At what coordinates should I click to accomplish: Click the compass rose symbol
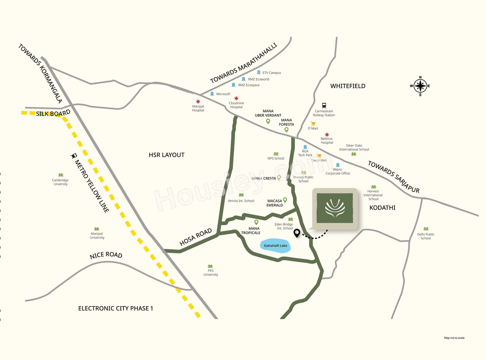pyautogui.click(x=420, y=86)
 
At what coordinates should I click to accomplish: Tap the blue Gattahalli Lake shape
pyautogui.click(x=275, y=246)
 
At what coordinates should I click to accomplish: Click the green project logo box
pyautogui.click(x=335, y=209)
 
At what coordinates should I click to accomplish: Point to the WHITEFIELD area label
pyautogui.click(x=347, y=86)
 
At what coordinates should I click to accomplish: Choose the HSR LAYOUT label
pyautogui.click(x=167, y=155)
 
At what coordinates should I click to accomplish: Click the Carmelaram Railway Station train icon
pyautogui.click(x=324, y=106)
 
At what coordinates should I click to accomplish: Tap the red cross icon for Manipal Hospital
pyautogui.click(x=198, y=101)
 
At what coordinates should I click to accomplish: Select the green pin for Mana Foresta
pyautogui.click(x=287, y=130)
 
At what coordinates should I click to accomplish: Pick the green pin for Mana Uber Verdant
pyautogui.click(x=268, y=121)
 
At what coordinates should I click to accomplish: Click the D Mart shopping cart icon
pyautogui.click(x=313, y=123)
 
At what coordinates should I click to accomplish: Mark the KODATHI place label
pyautogui.click(x=382, y=208)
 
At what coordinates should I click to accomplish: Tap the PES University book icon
pyautogui.click(x=210, y=266)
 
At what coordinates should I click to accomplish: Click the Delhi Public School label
pyautogui.click(x=426, y=236)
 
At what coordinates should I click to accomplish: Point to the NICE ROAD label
pyautogui.click(x=106, y=255)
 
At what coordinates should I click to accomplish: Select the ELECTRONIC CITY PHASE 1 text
pyautogui.click(x=115, y=308)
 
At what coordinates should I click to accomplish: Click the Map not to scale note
pyautogui.click(x=454, y=338)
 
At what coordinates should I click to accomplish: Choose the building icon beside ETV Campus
pyautogui.click(x=259, y=72)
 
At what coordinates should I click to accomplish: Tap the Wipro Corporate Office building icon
pyautogui.click(x=338, y=165)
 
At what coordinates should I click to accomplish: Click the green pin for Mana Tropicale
pyautogui.click(x=256, y=222)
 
